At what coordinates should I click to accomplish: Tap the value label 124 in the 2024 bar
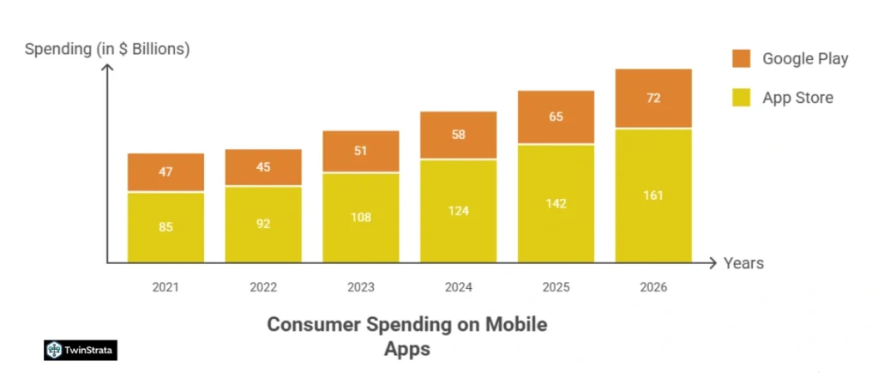coord(458,210)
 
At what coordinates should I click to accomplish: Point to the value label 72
coord(653,98)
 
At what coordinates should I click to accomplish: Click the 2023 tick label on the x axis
coord(361,287)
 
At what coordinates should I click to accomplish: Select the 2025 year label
coord(556,287)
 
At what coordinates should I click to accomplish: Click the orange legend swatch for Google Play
coord(742,58)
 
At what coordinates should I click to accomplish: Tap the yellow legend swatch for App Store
coord(742,97)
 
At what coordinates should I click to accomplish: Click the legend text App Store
coord(797,98)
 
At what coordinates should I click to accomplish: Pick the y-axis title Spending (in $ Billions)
coord(107,49)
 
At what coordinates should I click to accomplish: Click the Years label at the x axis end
coord(743,263)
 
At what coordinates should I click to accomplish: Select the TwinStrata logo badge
coord(81,349)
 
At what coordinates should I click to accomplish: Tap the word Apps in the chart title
coord(406,349)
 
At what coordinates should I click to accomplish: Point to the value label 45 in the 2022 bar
coord(263,166)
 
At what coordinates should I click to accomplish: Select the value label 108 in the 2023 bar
coord(361,217)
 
